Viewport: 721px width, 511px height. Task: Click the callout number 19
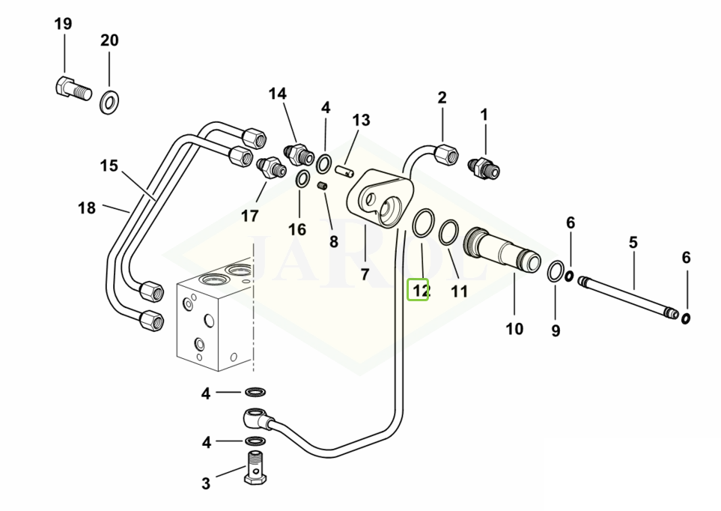pyautogui.click(x=63, y=24)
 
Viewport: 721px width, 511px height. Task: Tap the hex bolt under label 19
pyautogui.click(x=73, y=88)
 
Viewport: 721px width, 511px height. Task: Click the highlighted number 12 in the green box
pyautogui.click(x=418, y=289)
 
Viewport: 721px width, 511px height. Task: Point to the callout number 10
pyautogui.click(x=514, y=328)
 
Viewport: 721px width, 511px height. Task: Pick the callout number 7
pyautogui.click(x=365, y=274)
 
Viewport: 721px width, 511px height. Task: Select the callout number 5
pyautogui.click(x=633, y=242)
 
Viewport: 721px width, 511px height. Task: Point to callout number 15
pyautogui.click(x=109, y=165)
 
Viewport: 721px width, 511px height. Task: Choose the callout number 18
pyautogui.click(x=88, y=208)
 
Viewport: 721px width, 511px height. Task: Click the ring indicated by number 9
pyautogui.click(x=556, y=272)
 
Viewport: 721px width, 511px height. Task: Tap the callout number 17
pyautogui.click(x=249, y=216)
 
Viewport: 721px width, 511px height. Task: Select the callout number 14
pyautogui.click(x=278, y=94)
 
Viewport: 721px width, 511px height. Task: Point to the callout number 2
pyautogui.click(x=442, y=97)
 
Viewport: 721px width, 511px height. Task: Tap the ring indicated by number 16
pyautogui.click(x=302, y=178)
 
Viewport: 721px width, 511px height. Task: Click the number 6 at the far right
pyautogui.click(x=686, y=258)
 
